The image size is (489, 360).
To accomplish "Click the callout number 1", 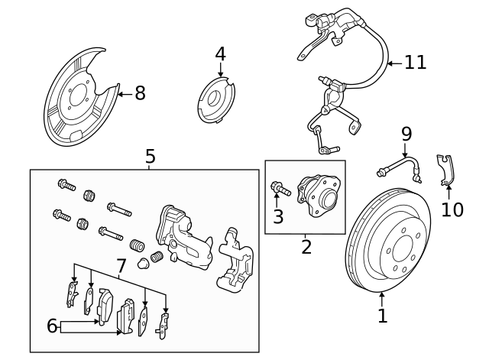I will coord(382,314).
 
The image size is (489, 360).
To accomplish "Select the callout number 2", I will coord(306,247).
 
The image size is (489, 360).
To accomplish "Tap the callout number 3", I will coord(278,216).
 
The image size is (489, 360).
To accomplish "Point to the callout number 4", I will coord(220,54).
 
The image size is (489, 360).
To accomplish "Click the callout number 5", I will coord(150,157).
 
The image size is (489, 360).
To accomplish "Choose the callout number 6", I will coord(52,326).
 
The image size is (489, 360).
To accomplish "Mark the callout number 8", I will coord(139,93).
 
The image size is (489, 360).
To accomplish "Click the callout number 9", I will coord(405,134).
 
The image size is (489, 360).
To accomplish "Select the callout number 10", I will coord(452,209).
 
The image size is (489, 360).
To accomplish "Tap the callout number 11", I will coord(415,63).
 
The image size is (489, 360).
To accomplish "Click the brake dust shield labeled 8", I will coord(76,99).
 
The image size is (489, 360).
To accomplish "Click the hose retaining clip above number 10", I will coord(444,170).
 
